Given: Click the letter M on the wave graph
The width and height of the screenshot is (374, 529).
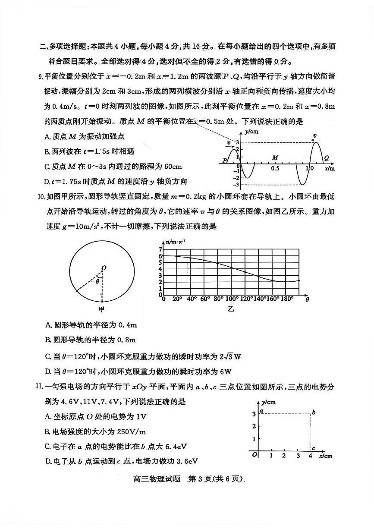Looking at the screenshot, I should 275,158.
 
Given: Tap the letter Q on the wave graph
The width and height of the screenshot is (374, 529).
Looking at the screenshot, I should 326,158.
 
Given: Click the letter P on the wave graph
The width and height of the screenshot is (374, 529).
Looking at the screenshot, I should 224,161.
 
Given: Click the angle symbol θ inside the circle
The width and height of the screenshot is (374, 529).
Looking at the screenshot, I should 98,281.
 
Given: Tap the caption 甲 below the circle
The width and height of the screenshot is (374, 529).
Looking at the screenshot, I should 102,309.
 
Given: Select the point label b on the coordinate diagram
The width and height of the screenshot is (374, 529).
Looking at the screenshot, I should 314,413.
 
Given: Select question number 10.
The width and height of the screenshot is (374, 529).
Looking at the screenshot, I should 41,197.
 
